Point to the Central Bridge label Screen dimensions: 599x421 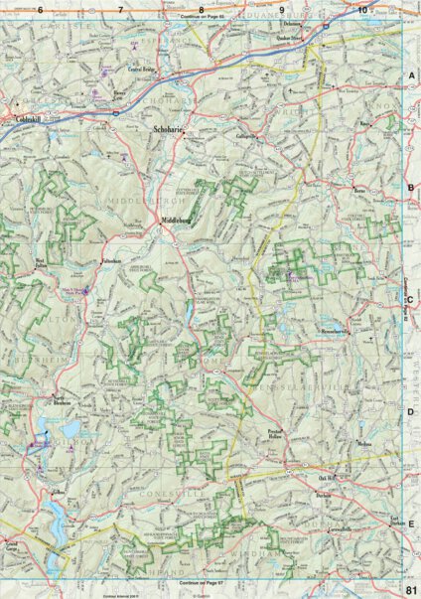pyautogui.click(x=145, y=71)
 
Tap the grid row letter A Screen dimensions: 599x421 pyautogui.click(x=411, y=75)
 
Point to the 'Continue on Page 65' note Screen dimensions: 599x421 pyautogui.click(x=206, y=17)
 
